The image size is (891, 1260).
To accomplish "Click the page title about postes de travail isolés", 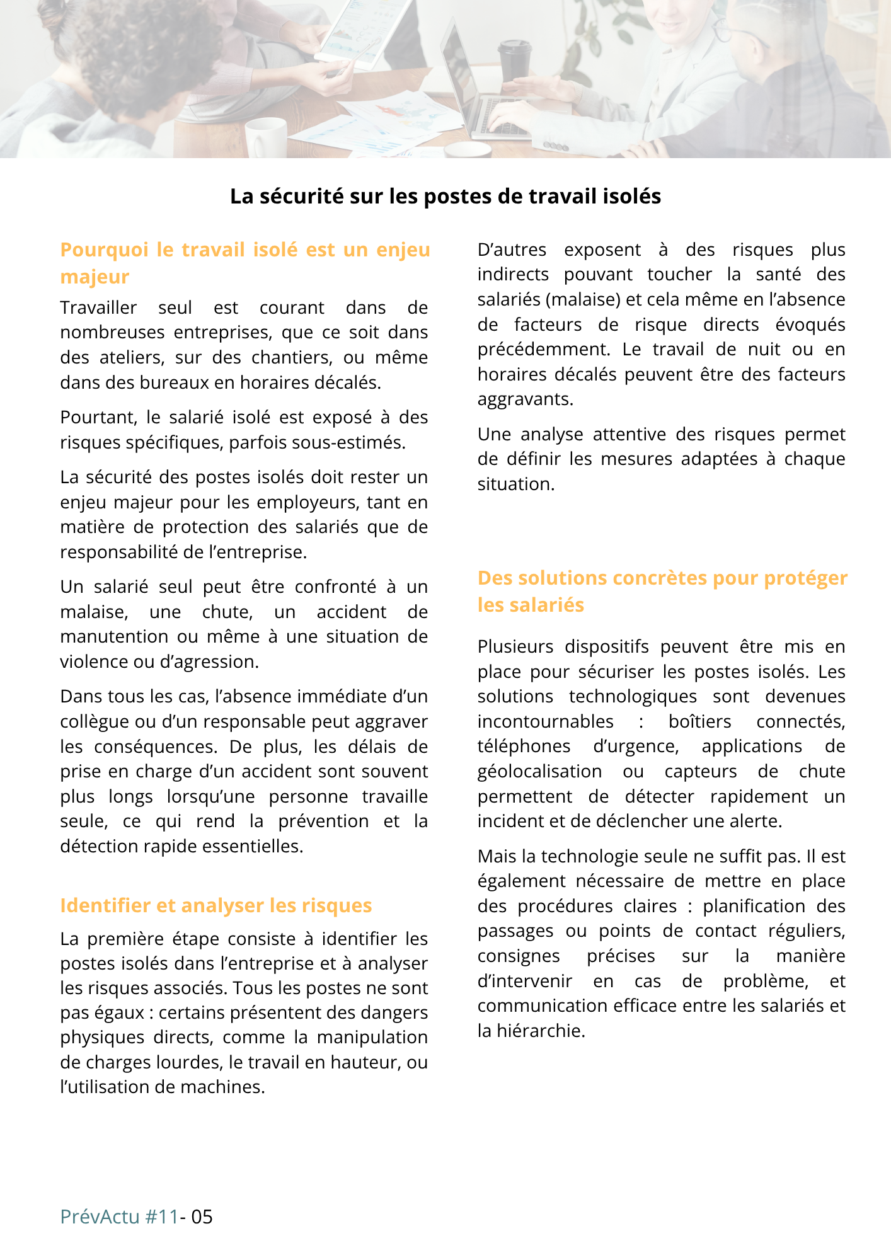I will pyautogui.click(x=446, y=197).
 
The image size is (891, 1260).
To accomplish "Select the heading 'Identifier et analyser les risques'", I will pyautogui.click(x=216, y=905).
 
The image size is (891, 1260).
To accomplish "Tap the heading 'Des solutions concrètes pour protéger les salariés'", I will pyautogui.click(x=662, y=591).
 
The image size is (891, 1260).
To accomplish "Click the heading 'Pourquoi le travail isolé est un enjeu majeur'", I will pyautogui.click(x=244, y=263).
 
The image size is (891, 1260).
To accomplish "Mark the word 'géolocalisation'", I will pyautogui.click(x=539, y=771).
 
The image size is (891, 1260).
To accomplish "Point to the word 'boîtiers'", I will pyautogui.click(x=700, y=721).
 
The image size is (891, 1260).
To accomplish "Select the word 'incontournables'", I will pyautogui.click(x=545, y=721).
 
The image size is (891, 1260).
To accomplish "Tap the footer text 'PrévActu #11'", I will pyautogui.click(x=119, y=1217).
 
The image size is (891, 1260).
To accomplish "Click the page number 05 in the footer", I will pyautogui.click(x=202, y=1217).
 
